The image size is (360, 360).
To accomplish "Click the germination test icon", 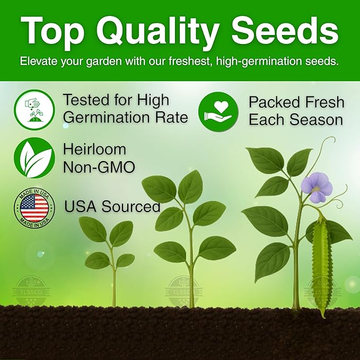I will pyautogui.click(x=34, y=109).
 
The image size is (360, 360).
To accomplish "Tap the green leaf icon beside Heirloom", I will pyautogui.click(x=34, y=158).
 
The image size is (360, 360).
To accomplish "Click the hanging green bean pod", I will pyautogui.click(x=321, y=268).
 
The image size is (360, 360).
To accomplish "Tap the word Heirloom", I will pyautogui.click(x=95, y=150).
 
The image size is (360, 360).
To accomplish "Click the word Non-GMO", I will pyautogui.click(x=99, y=167).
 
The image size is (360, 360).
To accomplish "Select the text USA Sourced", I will pyautogui.click(x=112, y=206).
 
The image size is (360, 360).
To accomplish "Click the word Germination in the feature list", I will pyautogui.click(x=107, y=117).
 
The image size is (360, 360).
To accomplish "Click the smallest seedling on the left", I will pyautogui.click(x=110, y=249).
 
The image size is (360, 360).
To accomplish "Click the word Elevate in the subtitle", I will pyautogui.click(x=39, y=61).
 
